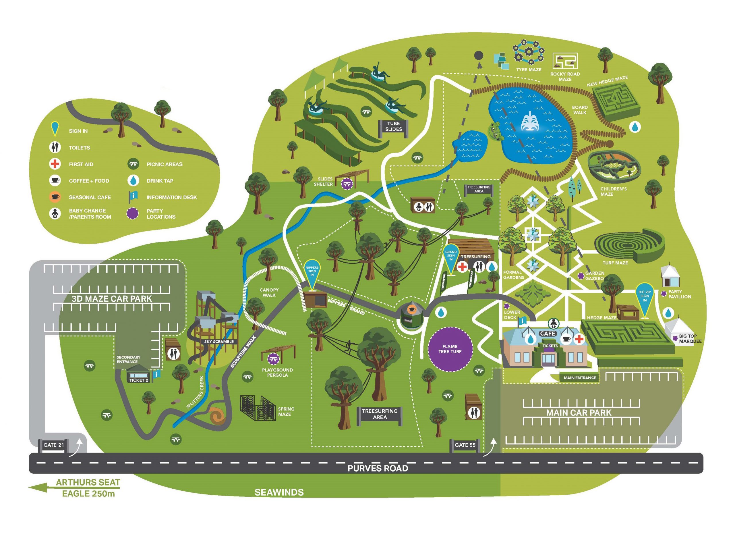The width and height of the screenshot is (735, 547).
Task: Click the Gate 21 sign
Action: (54, 445)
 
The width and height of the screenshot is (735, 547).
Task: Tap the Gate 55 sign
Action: (465, 445)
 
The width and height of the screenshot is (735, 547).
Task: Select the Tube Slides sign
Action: (393, 126)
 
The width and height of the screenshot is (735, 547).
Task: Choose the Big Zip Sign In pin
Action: (644, 297)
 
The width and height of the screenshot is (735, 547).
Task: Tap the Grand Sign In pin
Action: (451, 257)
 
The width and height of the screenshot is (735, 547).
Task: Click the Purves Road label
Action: (378, 468)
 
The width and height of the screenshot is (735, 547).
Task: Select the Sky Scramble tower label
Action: (219, 341)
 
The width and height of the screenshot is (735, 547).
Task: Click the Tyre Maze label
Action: (529, 70)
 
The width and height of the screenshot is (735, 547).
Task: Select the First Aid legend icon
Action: (55, 164)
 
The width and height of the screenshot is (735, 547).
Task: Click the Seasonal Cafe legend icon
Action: (55, 197)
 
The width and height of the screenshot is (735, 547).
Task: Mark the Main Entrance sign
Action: (579, 377)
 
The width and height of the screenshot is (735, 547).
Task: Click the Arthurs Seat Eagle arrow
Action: (38, 488)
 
